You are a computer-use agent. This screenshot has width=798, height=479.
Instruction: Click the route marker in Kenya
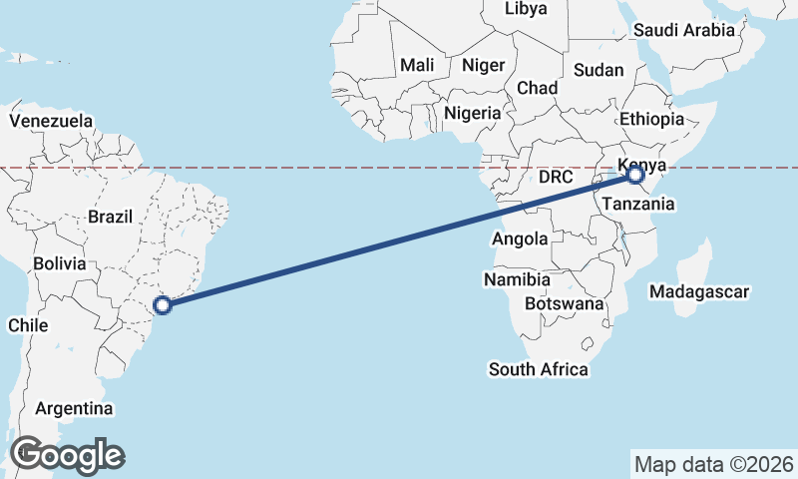pos(635,176)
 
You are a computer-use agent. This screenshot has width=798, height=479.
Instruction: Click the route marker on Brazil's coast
pos(164,305)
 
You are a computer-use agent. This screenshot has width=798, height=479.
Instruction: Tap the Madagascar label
pos(698,292)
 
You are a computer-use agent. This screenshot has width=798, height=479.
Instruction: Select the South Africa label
pos(538,369)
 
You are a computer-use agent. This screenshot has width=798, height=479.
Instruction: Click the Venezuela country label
pos(51,121)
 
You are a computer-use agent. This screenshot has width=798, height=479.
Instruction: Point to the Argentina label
pos(74,409)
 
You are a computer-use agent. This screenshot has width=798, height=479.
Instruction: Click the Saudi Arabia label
pos(683,30)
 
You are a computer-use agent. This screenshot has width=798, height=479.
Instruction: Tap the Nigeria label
pos(473,113)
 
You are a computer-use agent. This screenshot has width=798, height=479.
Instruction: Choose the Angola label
pos(520,239)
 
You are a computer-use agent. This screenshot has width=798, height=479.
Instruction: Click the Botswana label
pos(565,302)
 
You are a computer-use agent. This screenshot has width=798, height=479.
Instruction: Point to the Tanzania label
pos(637,204)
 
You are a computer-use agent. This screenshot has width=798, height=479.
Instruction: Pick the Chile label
pos(28,325)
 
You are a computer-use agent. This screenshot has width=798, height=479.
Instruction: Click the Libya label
pos(526,9)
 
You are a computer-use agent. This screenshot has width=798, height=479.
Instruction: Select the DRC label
pos(556,178)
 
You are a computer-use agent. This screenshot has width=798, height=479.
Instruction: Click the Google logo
pos(67,455)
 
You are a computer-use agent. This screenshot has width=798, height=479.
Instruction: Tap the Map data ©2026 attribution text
pos(713,464)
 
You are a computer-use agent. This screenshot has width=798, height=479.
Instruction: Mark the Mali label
pos(418,66)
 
